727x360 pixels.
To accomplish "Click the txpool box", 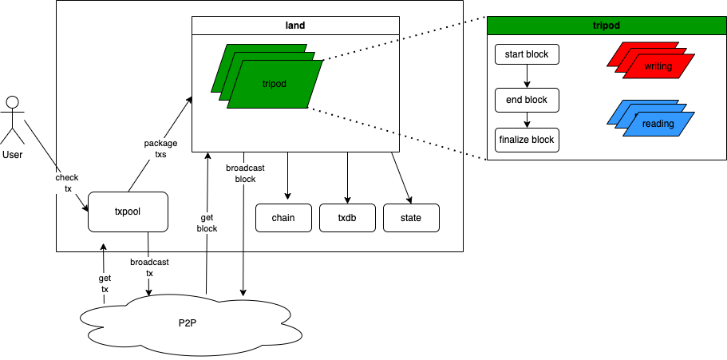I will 128,212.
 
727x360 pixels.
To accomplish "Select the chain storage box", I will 284,218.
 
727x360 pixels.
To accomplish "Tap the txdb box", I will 347,218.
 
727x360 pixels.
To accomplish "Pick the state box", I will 411,218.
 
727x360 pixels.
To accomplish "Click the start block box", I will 527,55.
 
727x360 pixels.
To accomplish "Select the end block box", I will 527,100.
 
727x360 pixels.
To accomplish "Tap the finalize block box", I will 527,140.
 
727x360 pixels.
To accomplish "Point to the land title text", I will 295,26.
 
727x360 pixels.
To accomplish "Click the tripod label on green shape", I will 274,83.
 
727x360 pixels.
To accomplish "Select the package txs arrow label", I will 155,149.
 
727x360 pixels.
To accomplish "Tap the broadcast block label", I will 245,173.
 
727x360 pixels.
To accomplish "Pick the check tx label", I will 67,183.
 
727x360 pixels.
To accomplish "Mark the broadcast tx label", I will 149,267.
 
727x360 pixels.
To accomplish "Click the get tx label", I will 105,283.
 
